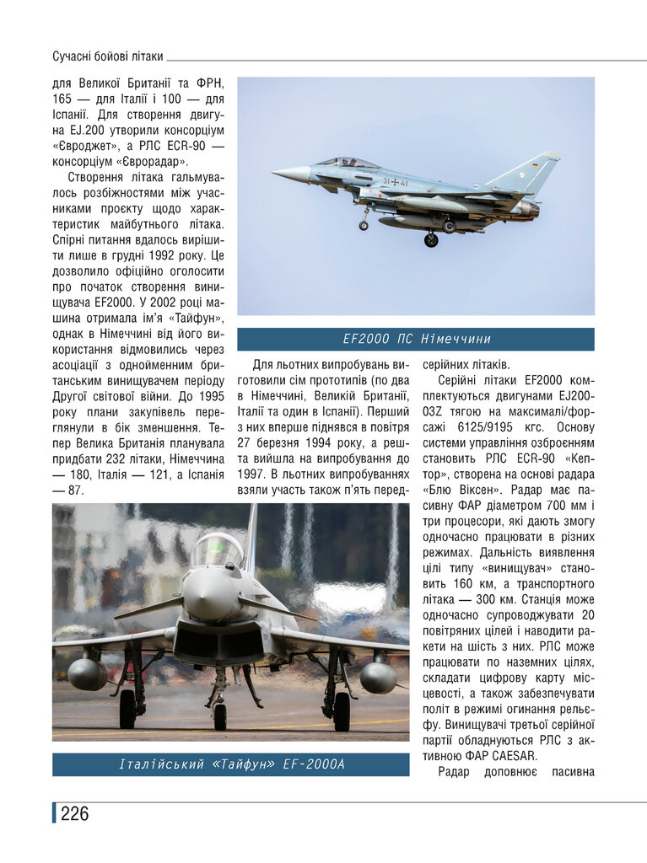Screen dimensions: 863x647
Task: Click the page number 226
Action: (74, 813)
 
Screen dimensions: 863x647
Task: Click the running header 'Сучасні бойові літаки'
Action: (107, 56)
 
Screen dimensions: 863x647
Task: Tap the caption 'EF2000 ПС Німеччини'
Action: (416, 339)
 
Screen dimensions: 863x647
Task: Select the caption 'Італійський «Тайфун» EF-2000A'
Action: (231, 764)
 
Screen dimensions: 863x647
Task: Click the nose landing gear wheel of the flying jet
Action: (364, 225)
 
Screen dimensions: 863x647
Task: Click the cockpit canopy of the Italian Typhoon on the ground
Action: (217, 551)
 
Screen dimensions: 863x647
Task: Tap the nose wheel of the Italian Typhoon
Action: (219, 716)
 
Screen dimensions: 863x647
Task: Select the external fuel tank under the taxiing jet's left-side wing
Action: (88, 674)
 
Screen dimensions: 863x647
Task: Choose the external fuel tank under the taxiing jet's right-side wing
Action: (378, 677)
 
